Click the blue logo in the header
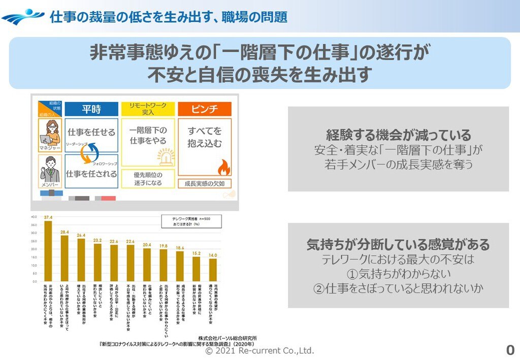pos(23,17)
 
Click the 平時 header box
pos(91,109)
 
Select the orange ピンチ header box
pos(204,109)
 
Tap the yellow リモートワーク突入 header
pos(148,108)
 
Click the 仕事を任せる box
pos(92,133)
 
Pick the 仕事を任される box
pos(92,174)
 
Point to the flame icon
pos(223,167)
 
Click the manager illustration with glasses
pos(51,131)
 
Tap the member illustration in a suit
pos(50,170)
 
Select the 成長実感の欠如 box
pos(204,183)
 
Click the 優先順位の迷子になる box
pos(148,178)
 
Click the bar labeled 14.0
pos(213,270)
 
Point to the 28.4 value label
pos(64,232)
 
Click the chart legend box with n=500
pos(184,220)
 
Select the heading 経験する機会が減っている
pos(398,136)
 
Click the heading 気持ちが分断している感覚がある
pos(398,245)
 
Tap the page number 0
pos(510,350)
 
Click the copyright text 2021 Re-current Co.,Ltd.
pos(259,351)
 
